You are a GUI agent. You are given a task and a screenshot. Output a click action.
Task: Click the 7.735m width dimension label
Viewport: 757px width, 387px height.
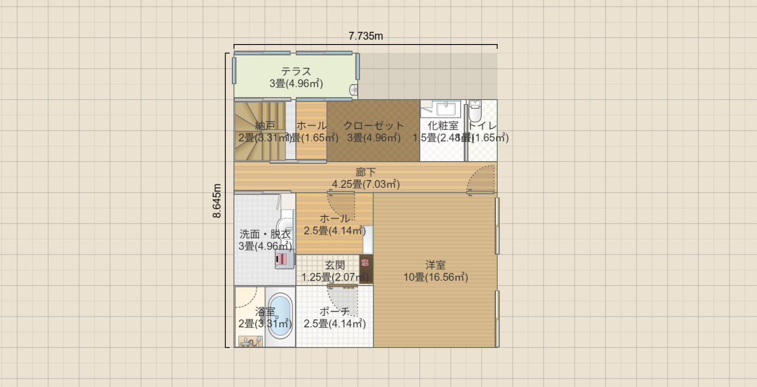point(365,36)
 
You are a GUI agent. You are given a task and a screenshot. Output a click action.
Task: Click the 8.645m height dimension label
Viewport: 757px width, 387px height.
point(217,201)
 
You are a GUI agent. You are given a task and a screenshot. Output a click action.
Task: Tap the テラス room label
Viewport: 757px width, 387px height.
point(296,72)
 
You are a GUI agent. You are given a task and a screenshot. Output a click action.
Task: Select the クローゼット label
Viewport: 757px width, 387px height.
point(373,126)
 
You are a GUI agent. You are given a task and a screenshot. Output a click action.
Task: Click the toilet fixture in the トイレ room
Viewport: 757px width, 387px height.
point(475,111)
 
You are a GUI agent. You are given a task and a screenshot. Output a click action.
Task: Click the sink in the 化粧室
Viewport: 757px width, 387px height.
point(445,109)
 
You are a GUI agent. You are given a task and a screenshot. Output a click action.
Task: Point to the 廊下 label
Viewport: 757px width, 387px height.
point(366,172)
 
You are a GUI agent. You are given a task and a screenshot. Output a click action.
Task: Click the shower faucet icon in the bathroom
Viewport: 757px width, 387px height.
point(250,342)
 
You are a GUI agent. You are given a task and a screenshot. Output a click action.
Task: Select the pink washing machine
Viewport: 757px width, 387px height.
point(284,259)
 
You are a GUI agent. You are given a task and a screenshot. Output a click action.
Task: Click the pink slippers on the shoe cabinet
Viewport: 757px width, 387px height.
point(365,263)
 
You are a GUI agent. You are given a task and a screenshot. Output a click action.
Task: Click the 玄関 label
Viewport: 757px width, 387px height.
point(334,265)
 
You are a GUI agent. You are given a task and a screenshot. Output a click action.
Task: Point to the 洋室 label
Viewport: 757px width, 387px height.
point(435,265)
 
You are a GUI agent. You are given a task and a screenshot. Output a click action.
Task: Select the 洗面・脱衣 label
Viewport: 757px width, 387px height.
point(265,234)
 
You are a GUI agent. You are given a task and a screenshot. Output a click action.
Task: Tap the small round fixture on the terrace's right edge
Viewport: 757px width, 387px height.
point(354,89)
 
